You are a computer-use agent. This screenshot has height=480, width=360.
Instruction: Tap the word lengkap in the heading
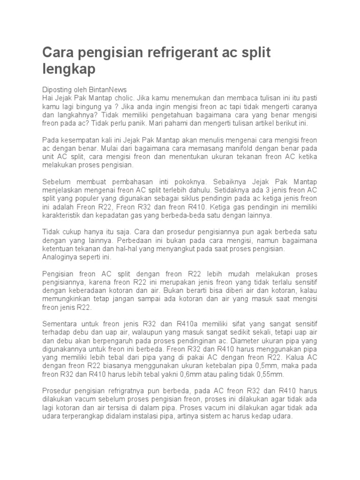69,69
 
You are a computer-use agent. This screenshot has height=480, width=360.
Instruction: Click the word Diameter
248,341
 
